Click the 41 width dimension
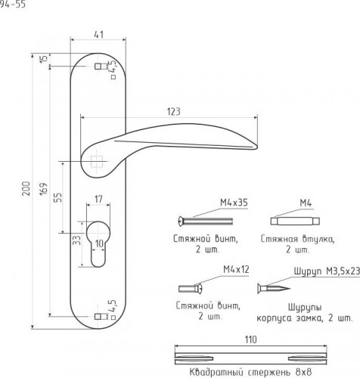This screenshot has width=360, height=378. point(98,35)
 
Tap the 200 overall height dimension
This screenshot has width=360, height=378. point(26,188)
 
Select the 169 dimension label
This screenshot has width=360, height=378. point(44,188)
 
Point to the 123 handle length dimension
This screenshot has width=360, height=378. point(174,112)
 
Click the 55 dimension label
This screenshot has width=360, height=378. point(58,197)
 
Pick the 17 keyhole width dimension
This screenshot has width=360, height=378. point(98,199)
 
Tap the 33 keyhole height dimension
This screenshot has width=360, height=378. point(77,240)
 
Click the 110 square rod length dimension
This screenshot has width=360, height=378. point(250,339)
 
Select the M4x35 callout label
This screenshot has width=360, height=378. point(234,203)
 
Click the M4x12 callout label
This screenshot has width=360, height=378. point(236,270)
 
